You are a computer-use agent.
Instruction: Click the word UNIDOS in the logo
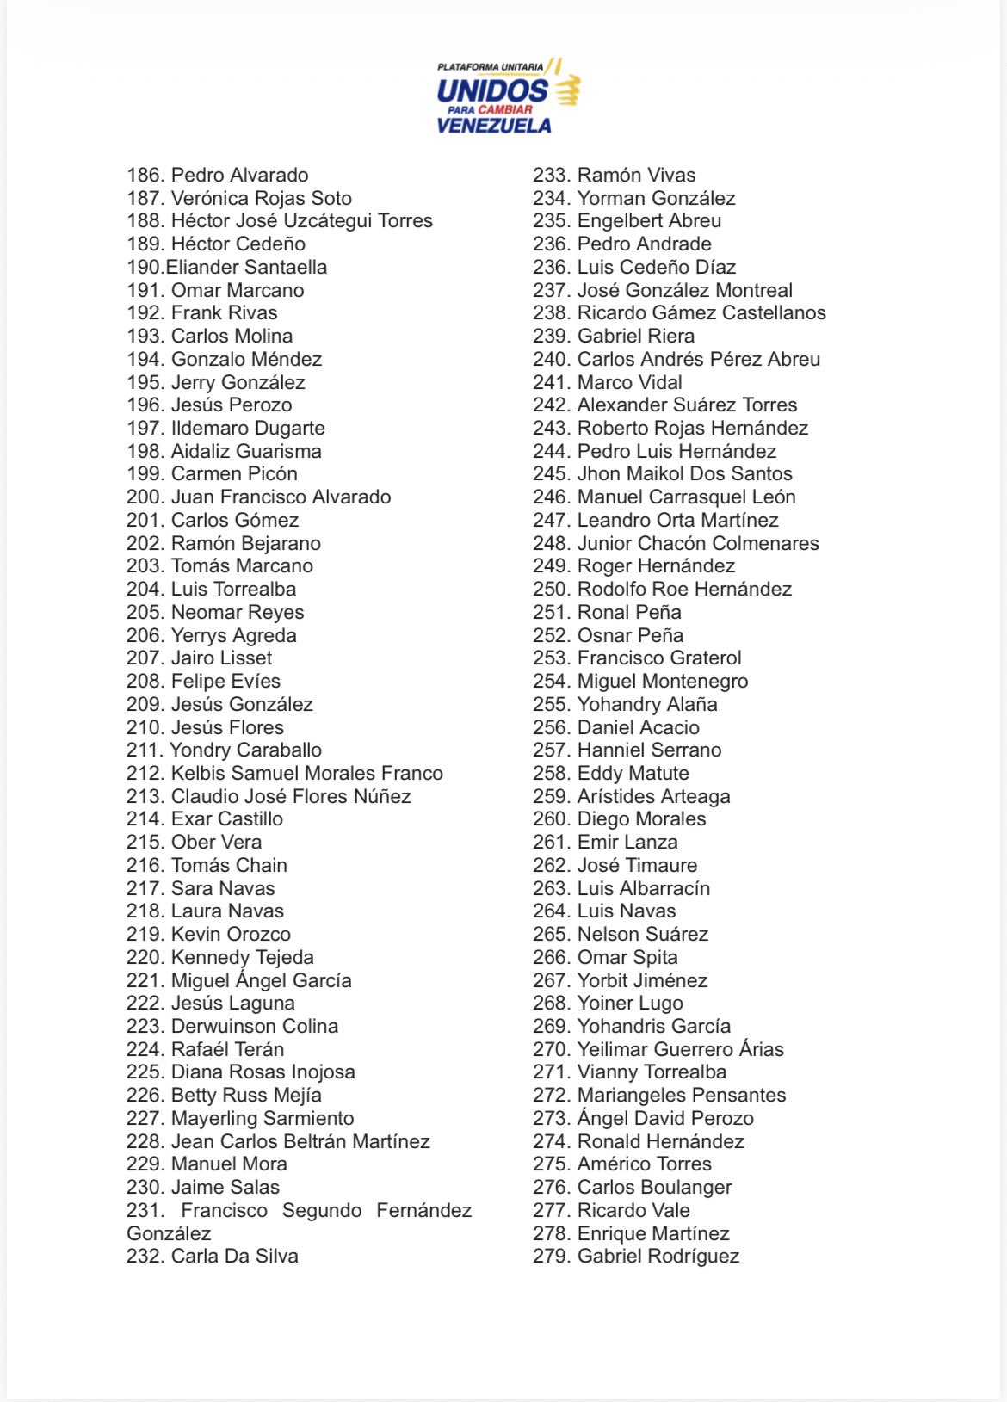coord(491,90)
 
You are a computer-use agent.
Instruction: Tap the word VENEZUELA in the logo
coord(494,126)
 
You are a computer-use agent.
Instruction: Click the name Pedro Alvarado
coord(239,176)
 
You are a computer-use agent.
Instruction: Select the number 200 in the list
coord(145,497)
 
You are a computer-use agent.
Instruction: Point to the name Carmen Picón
coord(234,474)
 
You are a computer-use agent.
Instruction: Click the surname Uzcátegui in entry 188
coord(331,221)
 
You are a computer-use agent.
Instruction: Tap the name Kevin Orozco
coord(231,935)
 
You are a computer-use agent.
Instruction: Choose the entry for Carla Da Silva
coord(234,1257)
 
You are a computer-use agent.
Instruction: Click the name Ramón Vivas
coord(636,176)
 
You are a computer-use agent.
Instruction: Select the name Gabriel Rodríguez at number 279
coord(658,1257)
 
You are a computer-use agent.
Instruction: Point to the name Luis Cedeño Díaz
coord(657,268)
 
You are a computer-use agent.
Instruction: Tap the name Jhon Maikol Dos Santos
coord(685,474)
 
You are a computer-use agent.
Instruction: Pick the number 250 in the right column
coord(551,590)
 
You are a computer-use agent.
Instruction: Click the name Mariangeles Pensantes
coord(682,1096)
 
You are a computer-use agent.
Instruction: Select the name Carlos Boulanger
coord(654,1188)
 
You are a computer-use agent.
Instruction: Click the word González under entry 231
coord(169,1234)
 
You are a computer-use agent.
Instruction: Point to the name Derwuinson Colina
coord(255,1027)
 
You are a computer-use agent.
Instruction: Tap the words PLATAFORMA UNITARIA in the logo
coord(490,67)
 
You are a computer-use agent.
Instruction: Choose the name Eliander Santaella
coord(246,268)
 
